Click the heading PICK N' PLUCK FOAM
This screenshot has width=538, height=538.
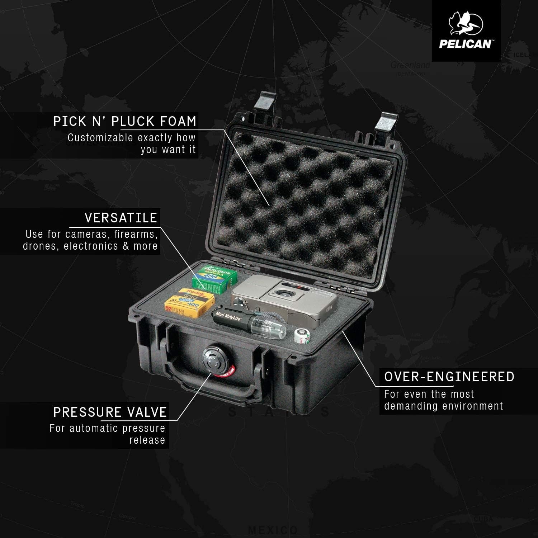(125, 122)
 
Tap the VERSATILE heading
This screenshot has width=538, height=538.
(121, 218)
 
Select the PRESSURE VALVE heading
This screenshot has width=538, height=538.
(110, 412)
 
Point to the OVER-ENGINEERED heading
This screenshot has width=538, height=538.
(449, 377)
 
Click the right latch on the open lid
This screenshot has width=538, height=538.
(385, 125)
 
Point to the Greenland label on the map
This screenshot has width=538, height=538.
(410, 66)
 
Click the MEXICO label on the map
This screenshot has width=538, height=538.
(273, 530)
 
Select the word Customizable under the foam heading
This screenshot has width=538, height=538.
(100, 138)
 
